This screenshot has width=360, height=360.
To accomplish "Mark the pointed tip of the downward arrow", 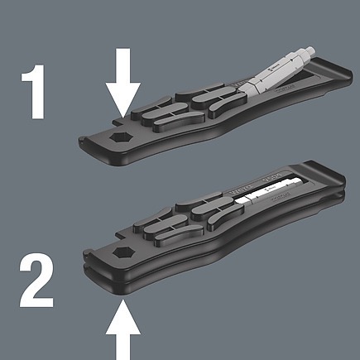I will (x=122, y=115).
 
